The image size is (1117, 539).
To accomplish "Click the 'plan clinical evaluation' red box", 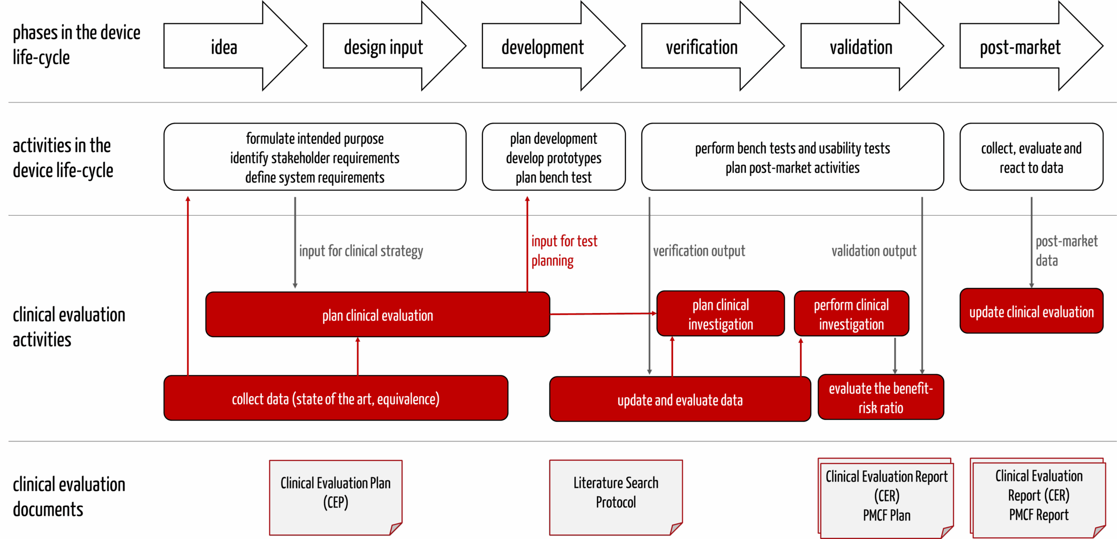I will pos(377,315).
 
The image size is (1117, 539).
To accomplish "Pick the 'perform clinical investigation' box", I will pos(851,314).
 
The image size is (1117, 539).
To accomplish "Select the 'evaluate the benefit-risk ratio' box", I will pos(881,397).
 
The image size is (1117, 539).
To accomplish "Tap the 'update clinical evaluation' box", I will pos(1031,311).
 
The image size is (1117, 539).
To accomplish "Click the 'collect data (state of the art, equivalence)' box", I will pos(336,398).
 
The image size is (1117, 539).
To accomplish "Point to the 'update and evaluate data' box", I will pos(680,400).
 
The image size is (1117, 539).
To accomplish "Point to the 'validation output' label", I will pos(874,251).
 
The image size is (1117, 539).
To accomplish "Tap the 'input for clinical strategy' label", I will pos(361,251).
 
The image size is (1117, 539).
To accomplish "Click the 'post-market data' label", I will pos(1066,251).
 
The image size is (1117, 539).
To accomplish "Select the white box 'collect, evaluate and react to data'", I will pos(1031,157).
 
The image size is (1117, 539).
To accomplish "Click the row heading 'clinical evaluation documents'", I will pos(69,497).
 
